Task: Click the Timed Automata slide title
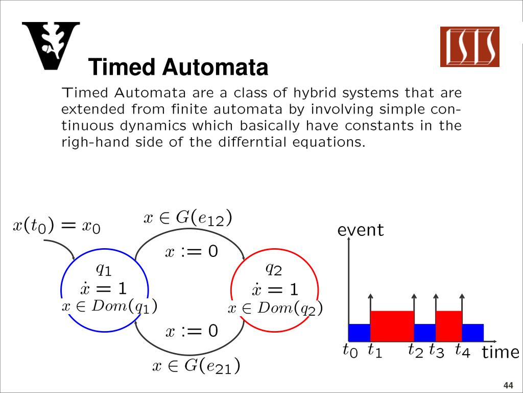point(178,67)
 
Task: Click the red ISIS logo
point(469,47)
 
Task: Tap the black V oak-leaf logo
point(51,46)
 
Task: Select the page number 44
point(508,385)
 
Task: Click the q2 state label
point(274,268)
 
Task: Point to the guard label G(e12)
point(188,219)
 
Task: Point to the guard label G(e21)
point(197,366)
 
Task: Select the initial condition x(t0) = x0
point(56,226)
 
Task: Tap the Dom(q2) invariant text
point(275,308)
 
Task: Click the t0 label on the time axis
point(350,351)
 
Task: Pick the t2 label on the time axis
point(415,351)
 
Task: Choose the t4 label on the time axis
point(462,351)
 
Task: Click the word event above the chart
point(360,230)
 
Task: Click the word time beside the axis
point(500,352)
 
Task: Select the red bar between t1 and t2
point(392,326)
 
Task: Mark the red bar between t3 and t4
point(448,326)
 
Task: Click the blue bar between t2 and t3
point(424,333)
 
